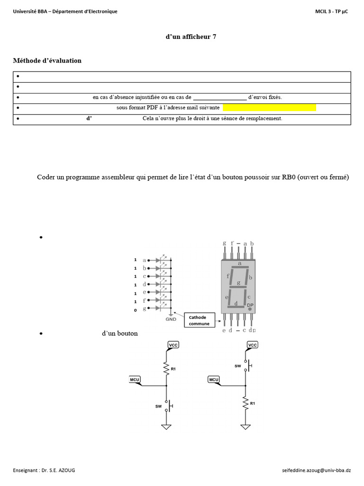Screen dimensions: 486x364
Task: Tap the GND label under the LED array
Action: pos(171,319)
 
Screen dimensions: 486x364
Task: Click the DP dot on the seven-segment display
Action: pos(250,308)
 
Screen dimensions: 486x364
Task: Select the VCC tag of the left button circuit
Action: pos(173,345)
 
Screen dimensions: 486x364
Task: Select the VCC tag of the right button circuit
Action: pos(253,345)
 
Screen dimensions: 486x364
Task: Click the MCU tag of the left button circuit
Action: pos(135,379)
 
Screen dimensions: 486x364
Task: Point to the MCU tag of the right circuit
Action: pos(213,379)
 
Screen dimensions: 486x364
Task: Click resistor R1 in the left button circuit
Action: pos(167,368)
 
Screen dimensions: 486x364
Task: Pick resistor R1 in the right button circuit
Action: pos(246,403)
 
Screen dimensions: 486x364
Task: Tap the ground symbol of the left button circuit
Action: pos(166,427)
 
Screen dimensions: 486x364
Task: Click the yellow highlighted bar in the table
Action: pos(269,108)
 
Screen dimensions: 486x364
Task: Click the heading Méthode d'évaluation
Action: pos(47,61)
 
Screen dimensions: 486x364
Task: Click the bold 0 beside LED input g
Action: pos(136,309)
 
